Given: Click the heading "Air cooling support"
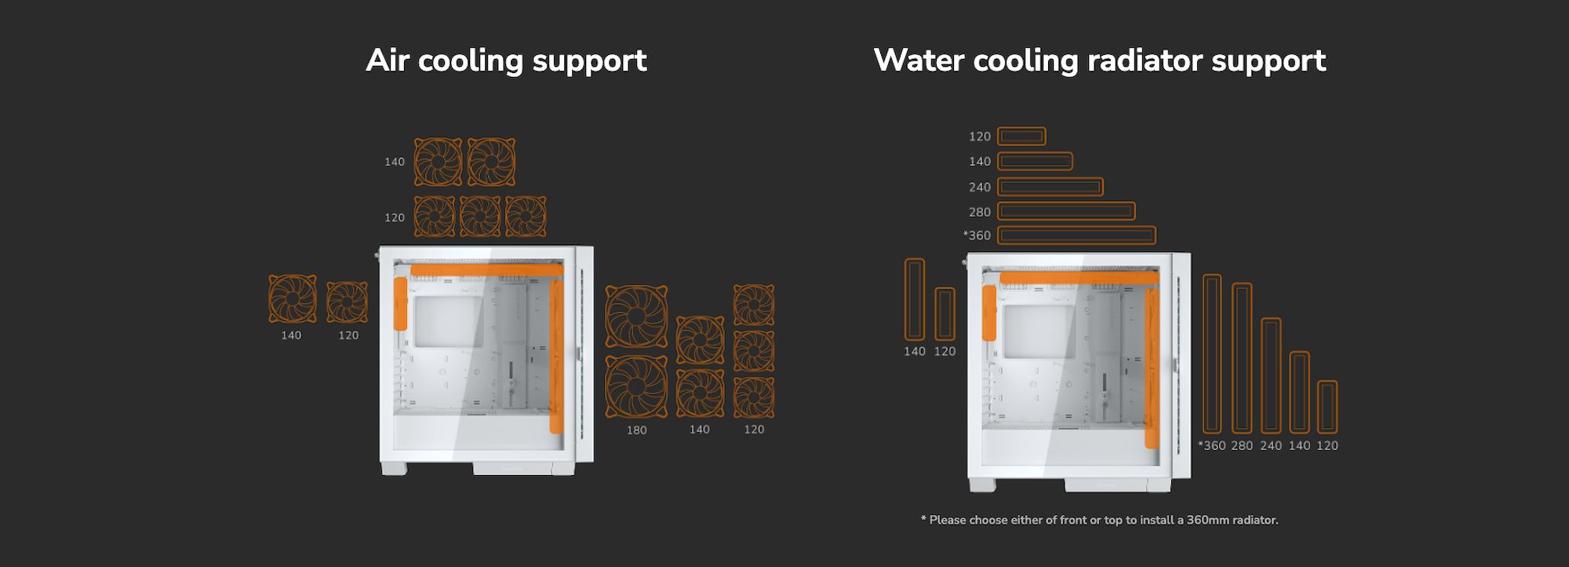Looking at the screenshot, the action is point(506,60).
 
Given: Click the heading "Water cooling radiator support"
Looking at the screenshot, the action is point(1099,60).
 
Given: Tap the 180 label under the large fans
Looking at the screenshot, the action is point(636,430).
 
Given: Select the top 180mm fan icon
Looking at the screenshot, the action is point(636,316).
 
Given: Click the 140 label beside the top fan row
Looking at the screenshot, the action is point(394,162).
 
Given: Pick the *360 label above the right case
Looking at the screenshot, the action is point(977,235).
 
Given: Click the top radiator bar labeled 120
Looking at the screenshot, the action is point(1021,137).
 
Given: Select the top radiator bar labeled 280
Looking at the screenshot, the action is point(1066,211).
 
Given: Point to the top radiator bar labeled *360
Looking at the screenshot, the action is point(1076,235).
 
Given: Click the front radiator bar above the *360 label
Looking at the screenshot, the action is point(1212,353).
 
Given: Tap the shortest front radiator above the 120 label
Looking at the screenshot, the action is point(1327,407).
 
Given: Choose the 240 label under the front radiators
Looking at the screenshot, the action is point(1271,446).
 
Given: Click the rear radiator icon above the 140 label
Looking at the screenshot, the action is point(915,299).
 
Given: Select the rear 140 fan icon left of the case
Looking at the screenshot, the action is point(293,298).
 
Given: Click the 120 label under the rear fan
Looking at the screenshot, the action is point(348,335).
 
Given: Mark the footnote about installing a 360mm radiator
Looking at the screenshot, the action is point(1099,520).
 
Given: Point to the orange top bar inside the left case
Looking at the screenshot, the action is point(486,270).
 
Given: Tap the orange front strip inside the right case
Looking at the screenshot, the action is point(1152,368).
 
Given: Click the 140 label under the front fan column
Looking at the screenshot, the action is point(699,430).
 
